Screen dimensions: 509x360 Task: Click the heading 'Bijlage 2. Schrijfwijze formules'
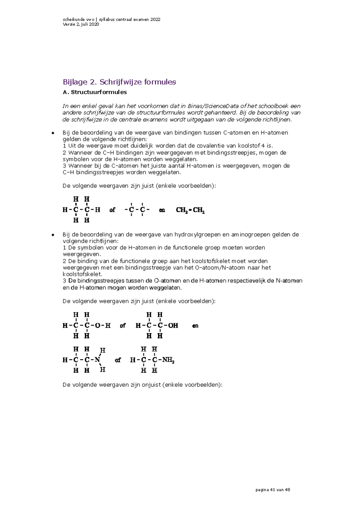(x=119, y=82)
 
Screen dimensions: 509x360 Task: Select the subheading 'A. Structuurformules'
(x=94, y=92)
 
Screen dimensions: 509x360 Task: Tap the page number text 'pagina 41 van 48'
(x=272, y=490)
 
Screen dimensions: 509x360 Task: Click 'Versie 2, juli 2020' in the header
(x=81, y=24)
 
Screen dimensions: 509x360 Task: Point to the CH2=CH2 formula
(x=190, y=210)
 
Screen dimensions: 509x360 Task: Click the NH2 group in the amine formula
(x=168, y=360)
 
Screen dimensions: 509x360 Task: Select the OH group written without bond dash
(x=173, y=326)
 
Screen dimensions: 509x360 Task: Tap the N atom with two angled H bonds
(x=97, y=360)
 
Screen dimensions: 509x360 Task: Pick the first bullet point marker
(x=52, y=133)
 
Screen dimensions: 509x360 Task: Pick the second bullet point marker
(x=52, y=234)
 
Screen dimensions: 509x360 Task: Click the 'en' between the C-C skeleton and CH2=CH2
(x=162, y=210)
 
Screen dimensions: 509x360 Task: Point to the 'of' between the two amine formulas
(x=118, y=360)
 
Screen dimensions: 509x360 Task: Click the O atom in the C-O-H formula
(x=97, y=326)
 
